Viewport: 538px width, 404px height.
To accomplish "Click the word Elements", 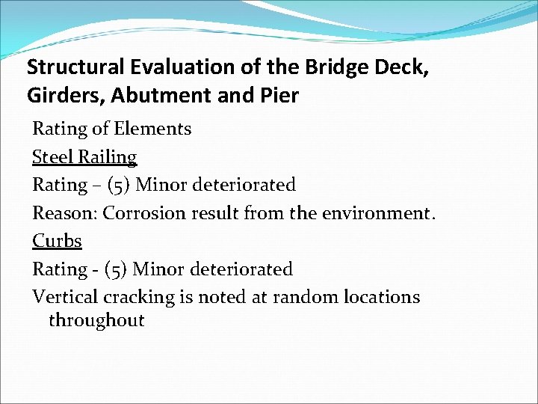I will (152, 129).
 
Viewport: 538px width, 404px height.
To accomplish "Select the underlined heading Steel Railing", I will (84, 157).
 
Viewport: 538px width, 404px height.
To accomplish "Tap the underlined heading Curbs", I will (57, 241).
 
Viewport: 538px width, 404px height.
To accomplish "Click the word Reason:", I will (64, 213).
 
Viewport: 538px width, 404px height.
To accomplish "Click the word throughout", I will (96, 321).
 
